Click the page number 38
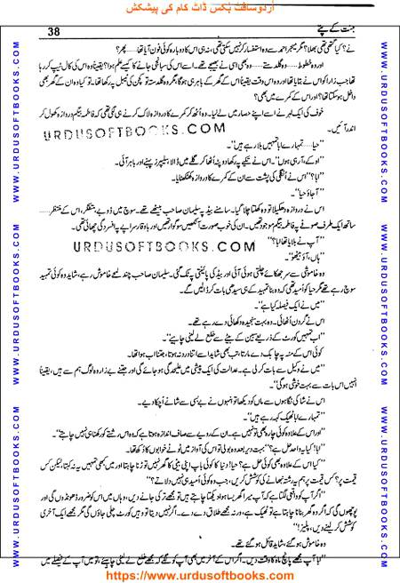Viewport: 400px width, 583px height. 53,33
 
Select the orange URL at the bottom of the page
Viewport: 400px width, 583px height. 199,574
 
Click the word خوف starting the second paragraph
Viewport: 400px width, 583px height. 363,129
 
